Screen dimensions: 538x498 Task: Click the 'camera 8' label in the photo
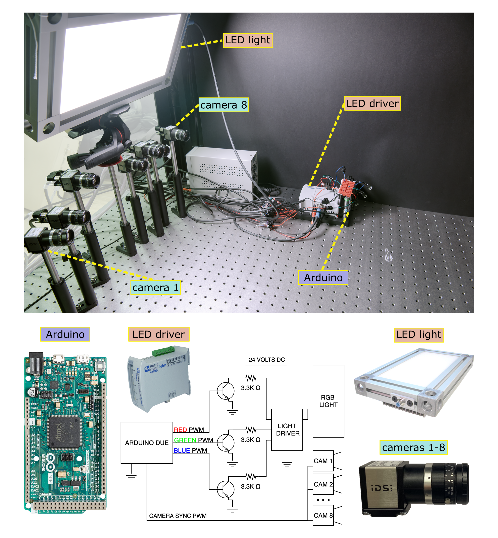coord(223,105)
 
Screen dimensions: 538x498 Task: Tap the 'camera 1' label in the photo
coord(155,287)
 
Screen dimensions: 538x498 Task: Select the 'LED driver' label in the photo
coord(372,103)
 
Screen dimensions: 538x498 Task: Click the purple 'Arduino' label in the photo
coord(323,277)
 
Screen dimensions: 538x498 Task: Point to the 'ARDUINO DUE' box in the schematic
coord(147,443)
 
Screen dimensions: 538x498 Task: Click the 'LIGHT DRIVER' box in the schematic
coord(287,429)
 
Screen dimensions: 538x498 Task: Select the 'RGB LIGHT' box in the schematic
coord(328,401)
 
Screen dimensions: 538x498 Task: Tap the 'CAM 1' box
coord(323,461)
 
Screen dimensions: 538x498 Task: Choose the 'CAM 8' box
coord(323,515)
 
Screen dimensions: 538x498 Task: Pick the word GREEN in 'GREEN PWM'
coord(185,440)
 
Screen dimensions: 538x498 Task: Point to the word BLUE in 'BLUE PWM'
coord(182,451)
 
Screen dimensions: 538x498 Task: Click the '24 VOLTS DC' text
coord(266,359)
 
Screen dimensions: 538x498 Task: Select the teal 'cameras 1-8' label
coord(413,447)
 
